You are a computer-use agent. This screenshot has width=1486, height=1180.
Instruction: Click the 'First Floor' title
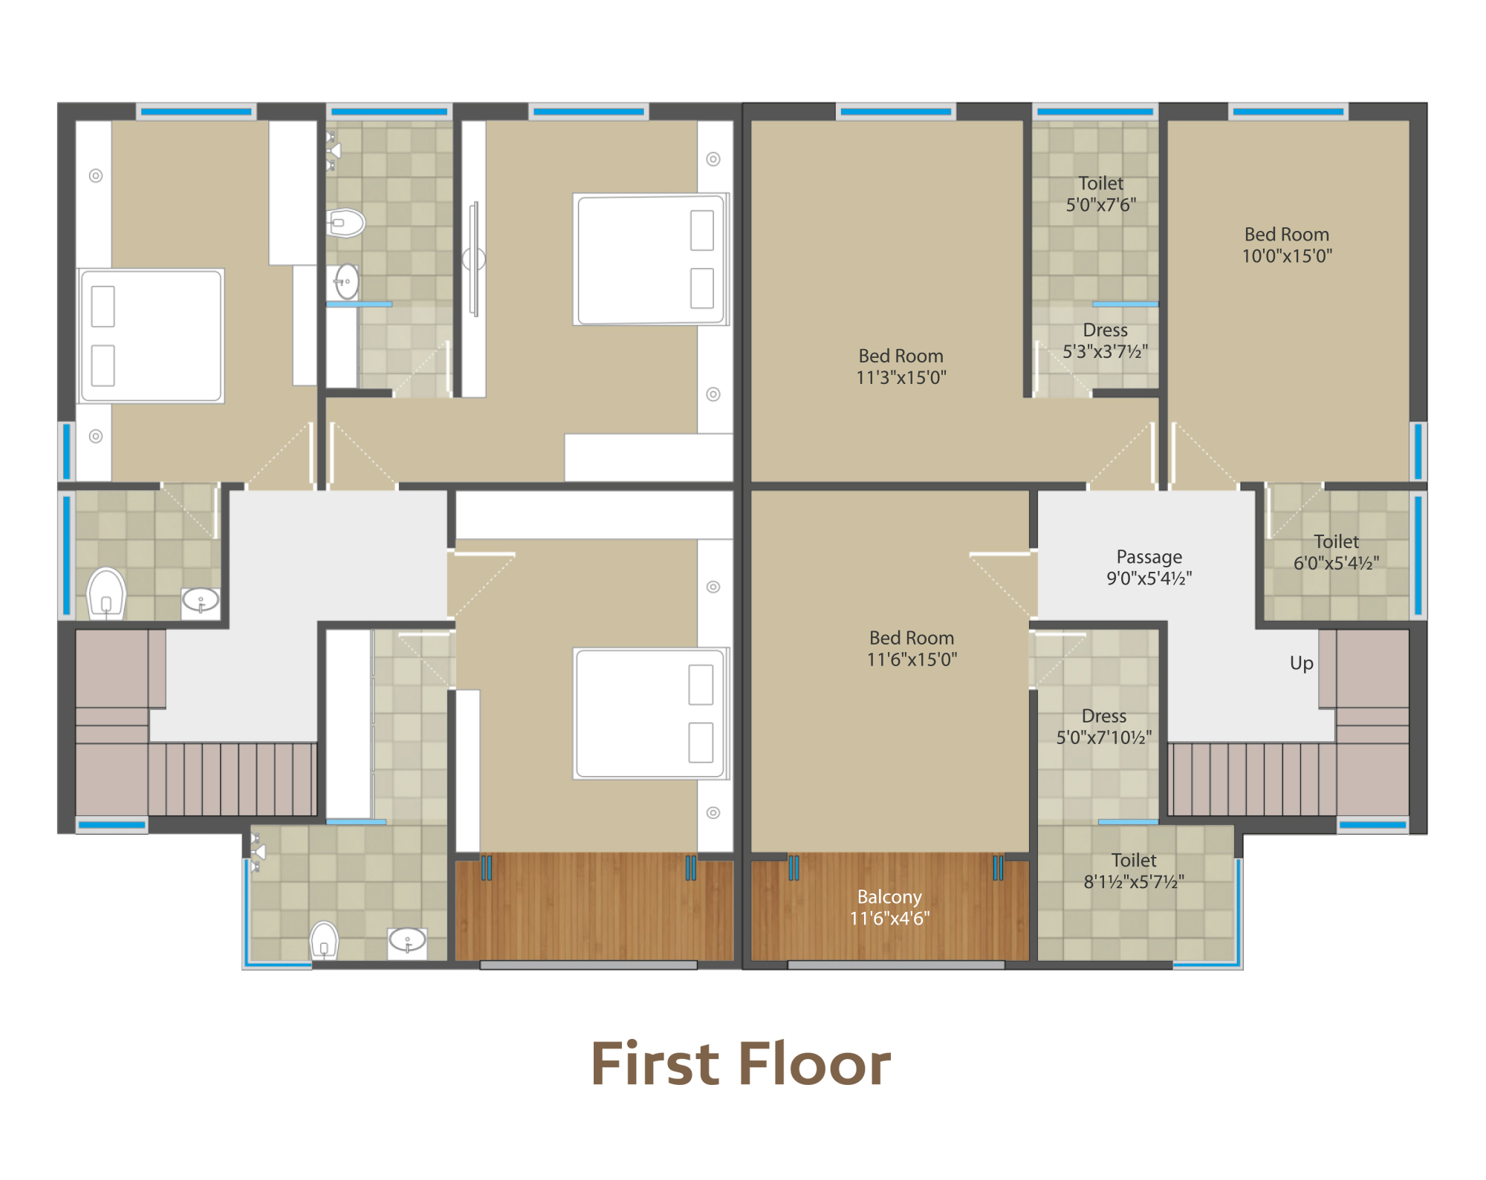741,1063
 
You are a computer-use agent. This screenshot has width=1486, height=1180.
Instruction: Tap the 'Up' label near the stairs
1302,663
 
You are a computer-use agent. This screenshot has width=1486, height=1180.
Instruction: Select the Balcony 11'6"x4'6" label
889,907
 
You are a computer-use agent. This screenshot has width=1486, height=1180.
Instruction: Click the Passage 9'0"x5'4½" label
1149,567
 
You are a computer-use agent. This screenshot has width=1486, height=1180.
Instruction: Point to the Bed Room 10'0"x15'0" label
1287,245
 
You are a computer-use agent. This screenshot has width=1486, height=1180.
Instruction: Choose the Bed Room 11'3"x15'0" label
901,367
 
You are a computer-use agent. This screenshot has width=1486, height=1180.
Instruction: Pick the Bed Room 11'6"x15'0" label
912,648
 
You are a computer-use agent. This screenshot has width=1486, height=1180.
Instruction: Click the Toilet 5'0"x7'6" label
1101,194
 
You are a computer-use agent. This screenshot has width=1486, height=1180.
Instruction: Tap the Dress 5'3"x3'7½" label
1106,341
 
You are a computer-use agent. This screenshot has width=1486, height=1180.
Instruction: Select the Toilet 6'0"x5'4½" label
1337,552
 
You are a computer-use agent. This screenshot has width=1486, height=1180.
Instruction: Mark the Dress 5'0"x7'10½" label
1104,726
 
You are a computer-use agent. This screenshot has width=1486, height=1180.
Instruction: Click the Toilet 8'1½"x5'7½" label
1134,871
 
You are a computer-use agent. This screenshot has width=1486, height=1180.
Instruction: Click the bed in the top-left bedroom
151,336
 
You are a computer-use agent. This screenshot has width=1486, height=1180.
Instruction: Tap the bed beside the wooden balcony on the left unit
651,714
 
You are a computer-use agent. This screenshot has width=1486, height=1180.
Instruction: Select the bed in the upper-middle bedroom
651,259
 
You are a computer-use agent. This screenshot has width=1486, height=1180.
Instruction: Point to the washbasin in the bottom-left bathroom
407,942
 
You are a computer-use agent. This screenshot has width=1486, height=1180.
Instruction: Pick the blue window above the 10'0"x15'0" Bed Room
1288,112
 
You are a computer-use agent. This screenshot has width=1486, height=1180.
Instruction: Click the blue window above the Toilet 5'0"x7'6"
1095,112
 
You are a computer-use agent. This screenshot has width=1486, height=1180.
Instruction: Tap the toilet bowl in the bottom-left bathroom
324,940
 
